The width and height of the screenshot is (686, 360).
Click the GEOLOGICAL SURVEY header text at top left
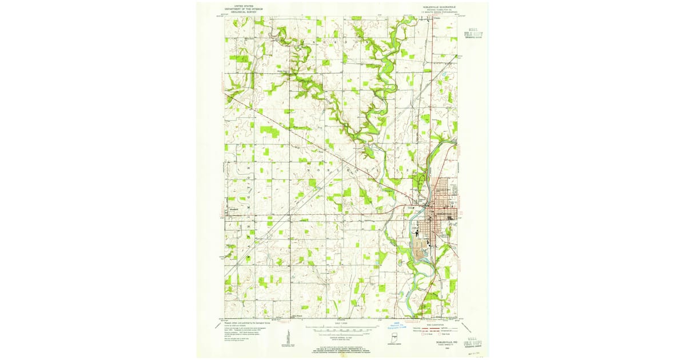tap(238, 11)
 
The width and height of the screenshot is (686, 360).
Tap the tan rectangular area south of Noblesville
tap(421, 250)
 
